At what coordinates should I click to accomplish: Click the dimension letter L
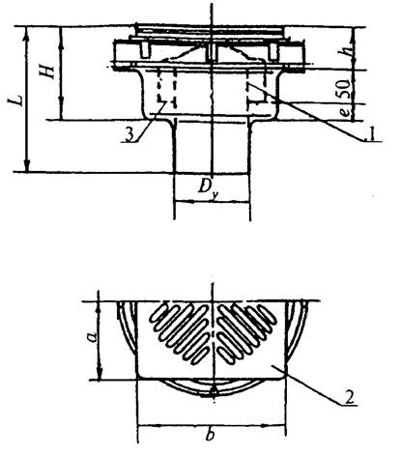point(17,100)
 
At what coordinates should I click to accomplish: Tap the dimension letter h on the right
point(347,49)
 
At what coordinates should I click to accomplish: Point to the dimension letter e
point(345,112)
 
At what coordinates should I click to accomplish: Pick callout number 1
point(371,133)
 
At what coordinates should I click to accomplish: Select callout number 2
point(349,397)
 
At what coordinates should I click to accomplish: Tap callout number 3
point(129,135)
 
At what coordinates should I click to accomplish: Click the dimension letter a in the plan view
point(93,337)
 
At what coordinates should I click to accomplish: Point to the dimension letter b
point(211,435)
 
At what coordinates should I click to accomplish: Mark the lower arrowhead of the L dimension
point(27,165)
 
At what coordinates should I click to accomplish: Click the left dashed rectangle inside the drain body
point(167,88)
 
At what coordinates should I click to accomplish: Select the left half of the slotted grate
point(180,332)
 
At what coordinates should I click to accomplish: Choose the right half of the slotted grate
point(247,332)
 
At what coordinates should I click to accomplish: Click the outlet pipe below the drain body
point(212,147)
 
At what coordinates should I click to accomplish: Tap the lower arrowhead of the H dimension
point(61,111)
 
